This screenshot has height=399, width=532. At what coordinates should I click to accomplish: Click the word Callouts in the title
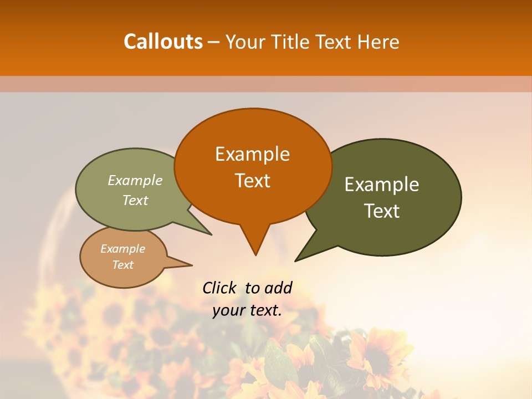[x=163, y=42]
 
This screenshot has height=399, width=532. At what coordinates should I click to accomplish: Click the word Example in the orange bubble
[x=252, y=154]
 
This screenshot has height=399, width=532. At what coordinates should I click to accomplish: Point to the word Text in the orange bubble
[x=253, y=181]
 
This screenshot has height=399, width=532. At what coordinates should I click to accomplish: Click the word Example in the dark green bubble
[x=382, y=185]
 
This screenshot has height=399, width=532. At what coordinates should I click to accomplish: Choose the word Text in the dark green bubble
[x=382, y=211]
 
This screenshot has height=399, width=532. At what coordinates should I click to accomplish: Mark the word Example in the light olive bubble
[x=135, y=181]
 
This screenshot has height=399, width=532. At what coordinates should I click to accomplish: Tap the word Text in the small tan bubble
[x=123, y=265]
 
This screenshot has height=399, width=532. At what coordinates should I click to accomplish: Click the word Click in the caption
[x=219, y=288]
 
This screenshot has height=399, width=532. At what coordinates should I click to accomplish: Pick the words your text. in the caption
[x=247, y=310]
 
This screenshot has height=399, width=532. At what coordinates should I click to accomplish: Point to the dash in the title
[x=214, y=42]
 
